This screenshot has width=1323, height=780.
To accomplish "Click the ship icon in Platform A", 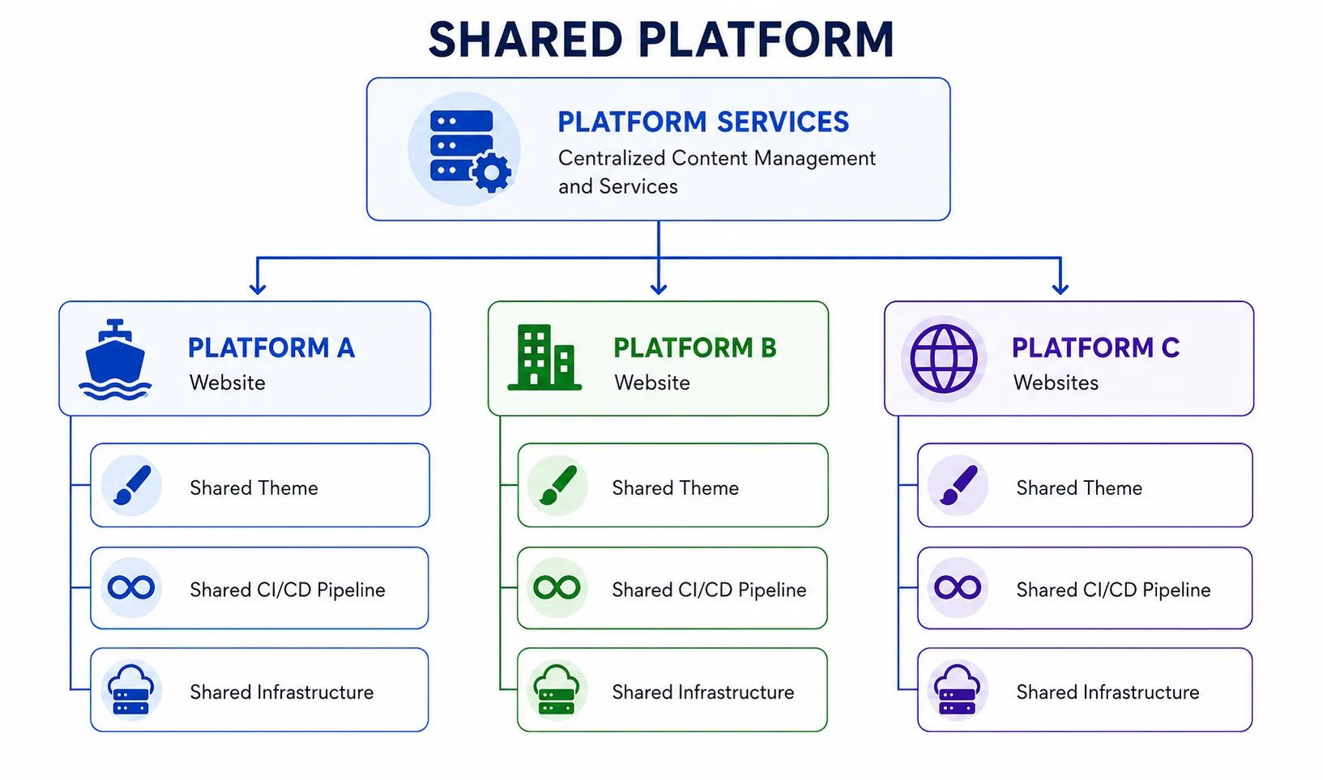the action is [x=115, y=360].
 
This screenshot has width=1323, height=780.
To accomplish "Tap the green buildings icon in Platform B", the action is [x=544, y=357].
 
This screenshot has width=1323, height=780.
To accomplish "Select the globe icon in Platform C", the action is [x=943, y=358].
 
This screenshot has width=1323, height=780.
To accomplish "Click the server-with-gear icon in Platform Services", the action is [x=470, y=151].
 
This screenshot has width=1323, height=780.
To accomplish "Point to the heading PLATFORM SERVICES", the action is [x=703, y=122].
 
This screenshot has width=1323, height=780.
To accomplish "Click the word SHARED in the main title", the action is [x=526, y=40].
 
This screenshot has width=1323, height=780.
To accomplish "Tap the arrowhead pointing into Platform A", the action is [x=258, y=288].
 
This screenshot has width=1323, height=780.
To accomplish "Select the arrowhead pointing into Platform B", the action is [x=659, y=288].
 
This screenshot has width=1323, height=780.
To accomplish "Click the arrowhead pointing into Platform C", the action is [x=1061, y=288].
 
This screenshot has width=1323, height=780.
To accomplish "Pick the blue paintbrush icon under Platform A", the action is [x=132, y=485].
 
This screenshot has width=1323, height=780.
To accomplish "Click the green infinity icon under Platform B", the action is [x=557, y=587].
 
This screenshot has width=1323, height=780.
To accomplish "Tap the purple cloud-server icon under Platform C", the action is [x=957, y=689].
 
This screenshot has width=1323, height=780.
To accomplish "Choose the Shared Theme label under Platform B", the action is [x=675, y=488].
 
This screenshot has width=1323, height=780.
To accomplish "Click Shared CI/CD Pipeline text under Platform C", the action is [x=1113, y=590].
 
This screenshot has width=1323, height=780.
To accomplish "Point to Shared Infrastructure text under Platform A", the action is [x=282, y=692].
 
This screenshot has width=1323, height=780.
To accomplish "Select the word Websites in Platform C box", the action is [x=1056, y=382].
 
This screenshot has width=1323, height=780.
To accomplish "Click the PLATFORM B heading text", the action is [x=694, y=347].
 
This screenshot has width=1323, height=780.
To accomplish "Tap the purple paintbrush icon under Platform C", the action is [x=958, y=485].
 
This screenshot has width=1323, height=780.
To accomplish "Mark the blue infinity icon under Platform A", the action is [x=131, y=587].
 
